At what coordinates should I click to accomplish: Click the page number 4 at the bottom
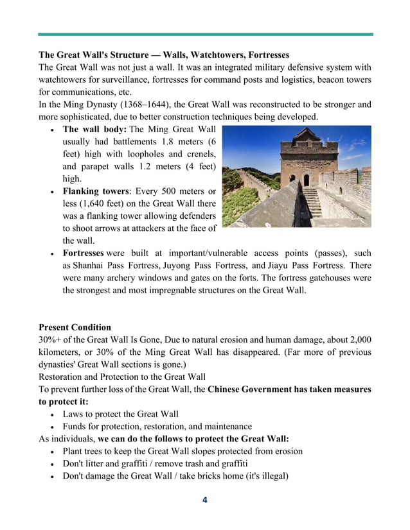[x=204, y=500]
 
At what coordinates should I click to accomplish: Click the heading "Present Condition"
[x=75, y=327]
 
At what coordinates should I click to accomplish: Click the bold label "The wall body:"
[x=94, y=130]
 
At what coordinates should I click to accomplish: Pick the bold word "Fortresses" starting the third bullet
[x=83, y=253]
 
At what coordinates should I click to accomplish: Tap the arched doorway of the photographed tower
[x=306, y=180]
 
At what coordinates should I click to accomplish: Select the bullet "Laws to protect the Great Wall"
[x=120, y=414]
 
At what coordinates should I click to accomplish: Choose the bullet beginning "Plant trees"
[x=182, y=451]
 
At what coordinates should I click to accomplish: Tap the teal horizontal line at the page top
[x=205, y=34]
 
